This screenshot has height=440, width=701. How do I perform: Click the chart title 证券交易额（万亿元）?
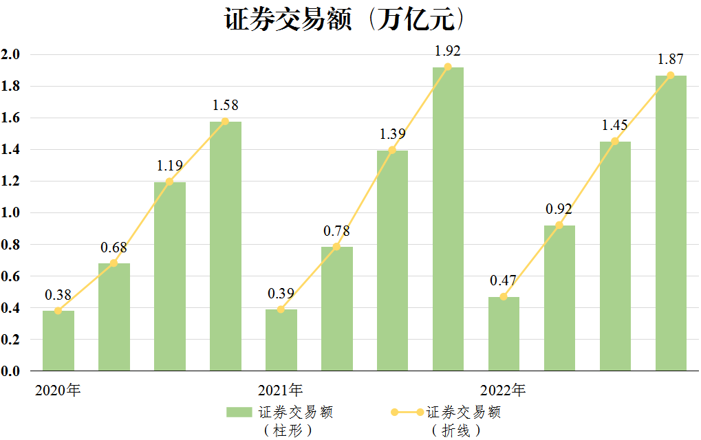click(x=347, y=19)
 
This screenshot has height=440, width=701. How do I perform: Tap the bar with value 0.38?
click(x=58, y=340)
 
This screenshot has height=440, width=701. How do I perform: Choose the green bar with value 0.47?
click(x=504, y=333)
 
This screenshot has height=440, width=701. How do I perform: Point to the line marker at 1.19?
click(x=169, y=181)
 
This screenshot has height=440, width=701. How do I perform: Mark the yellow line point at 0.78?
click(x=336, y=246)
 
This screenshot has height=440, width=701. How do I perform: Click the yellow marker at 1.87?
click(x=671, y=75)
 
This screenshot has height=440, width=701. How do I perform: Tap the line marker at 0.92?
click(x=559, y=225)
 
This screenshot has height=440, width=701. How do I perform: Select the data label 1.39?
click(x=392, y=135)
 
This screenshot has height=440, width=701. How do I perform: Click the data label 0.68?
click(x=114, y=247)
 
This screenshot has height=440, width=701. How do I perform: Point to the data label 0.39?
click(x=281, y=294)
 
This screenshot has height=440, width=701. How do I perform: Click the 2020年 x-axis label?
click(x=58, y=390)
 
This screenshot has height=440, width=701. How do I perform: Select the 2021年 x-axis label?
click(x=281, y=390)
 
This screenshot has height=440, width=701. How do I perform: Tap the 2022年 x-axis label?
click(x=503, y=390)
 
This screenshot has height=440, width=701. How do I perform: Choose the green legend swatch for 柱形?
click(x=239, y=412)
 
